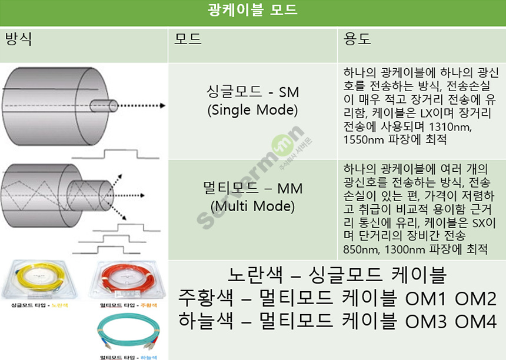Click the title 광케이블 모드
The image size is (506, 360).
point(252,11)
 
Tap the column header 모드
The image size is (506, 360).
point(188,40)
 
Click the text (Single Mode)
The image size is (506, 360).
point(252,110)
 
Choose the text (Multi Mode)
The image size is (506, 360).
point(252,206)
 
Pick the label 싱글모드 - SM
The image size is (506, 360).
point(252,92)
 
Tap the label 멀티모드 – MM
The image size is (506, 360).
point(252,188)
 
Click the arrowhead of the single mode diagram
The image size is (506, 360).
point(162,106)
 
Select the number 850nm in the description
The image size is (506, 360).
point(359,250)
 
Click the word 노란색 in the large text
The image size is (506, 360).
point(249,275)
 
